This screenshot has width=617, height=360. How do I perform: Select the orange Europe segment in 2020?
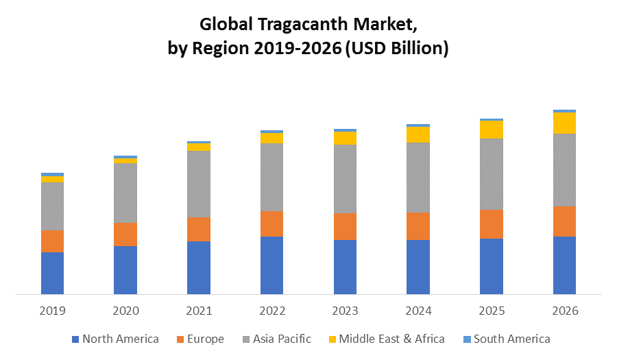(125, 235)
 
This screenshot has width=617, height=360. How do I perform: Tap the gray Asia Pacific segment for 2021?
(199, 184)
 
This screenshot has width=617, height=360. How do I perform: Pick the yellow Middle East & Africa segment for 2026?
(564, 123)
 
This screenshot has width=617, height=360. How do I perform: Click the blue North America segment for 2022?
(271, 265)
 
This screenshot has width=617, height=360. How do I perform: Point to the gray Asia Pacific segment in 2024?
(418, 177)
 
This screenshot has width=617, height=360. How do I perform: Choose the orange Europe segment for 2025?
(492, 224)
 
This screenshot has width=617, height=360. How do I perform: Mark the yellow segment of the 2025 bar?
(492, 130)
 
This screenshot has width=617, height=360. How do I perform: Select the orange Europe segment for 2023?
(345, 226)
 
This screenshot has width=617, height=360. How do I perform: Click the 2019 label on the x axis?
(52, 311)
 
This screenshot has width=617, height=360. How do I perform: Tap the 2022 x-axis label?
(271, 311)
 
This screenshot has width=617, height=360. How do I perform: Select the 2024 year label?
(418, 311)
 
